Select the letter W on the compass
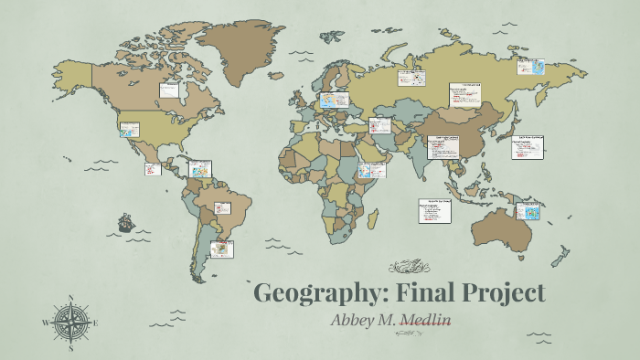point(45,323)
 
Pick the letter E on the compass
point(94,323)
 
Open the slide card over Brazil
point(223,208)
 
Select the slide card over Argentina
point(221,249)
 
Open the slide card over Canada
point(170,90)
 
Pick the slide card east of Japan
point(527,147)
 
